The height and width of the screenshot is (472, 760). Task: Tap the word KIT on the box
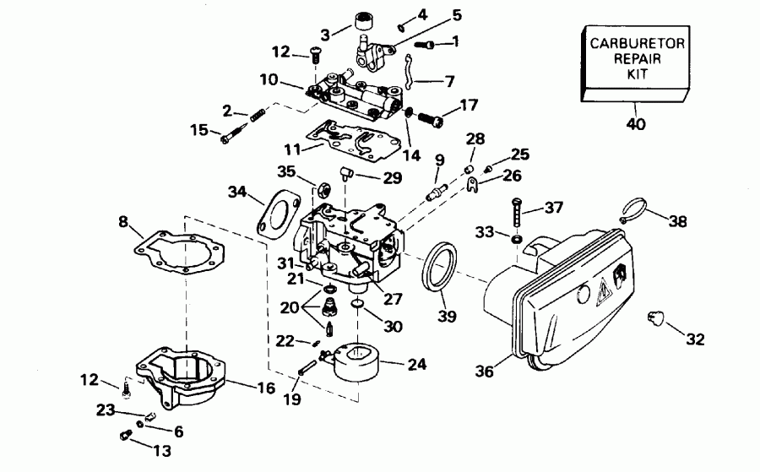(x=636, y=74)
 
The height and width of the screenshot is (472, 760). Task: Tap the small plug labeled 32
(x=653, y=318)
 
